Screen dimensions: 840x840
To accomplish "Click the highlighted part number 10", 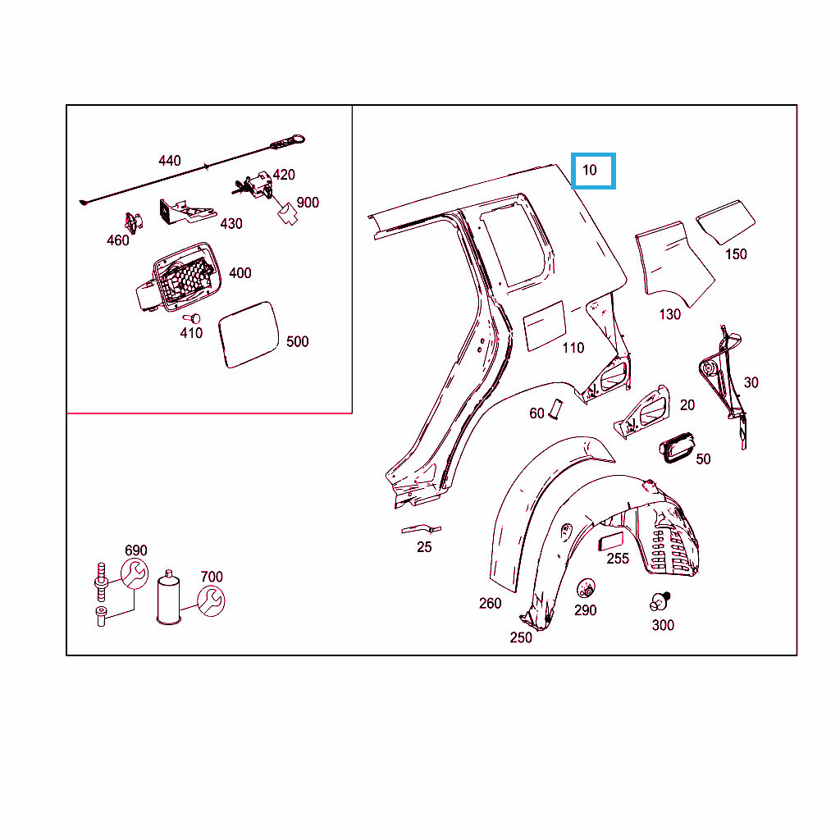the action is point(589,171).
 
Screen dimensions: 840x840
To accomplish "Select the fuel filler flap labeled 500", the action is point(249,335).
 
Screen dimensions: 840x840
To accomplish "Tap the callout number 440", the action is point(169,161).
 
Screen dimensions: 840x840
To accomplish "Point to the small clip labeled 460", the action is point(133,222).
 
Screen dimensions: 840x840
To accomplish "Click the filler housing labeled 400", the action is point(180,277).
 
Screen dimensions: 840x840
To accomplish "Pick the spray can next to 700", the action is point(169,598).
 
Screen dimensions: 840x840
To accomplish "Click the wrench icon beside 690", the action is point(134,573).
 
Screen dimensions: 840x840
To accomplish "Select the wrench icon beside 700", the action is point(211,601).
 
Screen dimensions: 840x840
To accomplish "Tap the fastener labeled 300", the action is point(660,601).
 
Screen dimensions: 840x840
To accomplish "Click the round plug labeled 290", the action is point(586,588).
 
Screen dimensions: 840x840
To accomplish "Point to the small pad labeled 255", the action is point(610,541).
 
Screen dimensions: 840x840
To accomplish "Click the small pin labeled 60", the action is point(556,409).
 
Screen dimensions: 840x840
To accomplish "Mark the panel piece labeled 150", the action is point(726,221).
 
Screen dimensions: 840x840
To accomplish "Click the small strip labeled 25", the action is point(421,530).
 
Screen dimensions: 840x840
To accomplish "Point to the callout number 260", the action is point(491,604).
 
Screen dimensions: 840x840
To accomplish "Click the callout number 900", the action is point(308,203).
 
